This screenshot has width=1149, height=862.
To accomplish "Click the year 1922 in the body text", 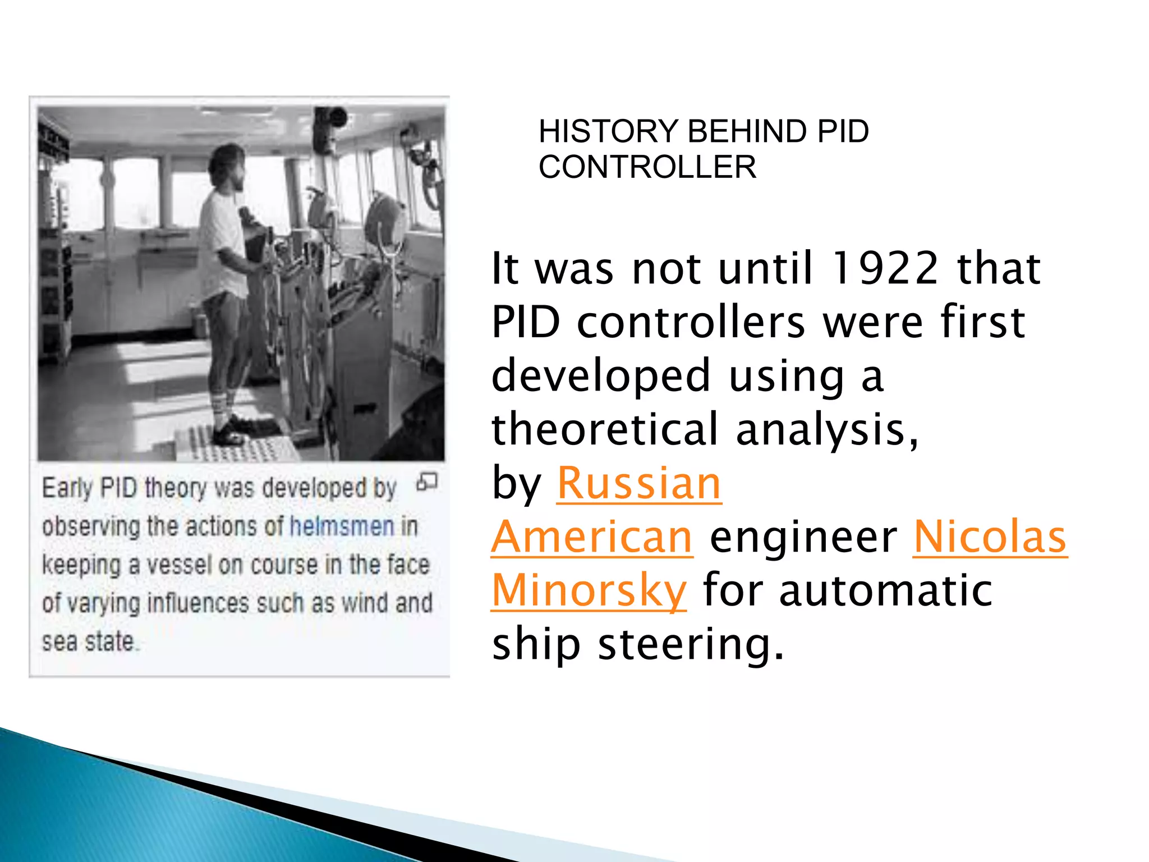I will click(885, 268).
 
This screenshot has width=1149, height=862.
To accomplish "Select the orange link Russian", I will click(639, 483).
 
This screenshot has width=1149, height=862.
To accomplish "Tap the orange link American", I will click(592, 537).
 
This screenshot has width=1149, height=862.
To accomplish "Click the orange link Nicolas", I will click(990, 537).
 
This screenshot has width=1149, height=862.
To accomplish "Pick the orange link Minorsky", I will click(589, 590).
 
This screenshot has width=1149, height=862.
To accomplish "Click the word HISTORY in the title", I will click(608, 131).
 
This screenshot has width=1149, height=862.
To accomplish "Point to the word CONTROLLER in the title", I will click(647, 167).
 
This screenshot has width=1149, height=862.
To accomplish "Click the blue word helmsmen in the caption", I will click(342, 526).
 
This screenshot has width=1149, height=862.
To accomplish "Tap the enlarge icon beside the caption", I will click(427, 482).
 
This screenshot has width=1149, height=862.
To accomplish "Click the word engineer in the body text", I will click(803, 537).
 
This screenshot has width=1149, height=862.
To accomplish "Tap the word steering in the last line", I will click(690, 644).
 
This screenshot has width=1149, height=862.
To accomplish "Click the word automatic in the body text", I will click(886, 590).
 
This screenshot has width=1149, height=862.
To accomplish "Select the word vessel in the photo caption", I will click(180, 565).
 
